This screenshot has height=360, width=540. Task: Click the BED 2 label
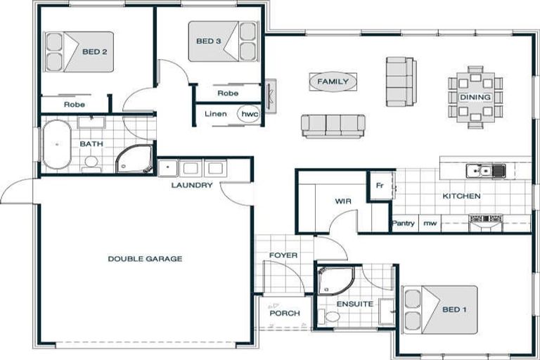[94, 51]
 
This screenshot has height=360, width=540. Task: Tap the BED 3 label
[209, 41]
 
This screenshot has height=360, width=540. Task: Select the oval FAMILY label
[333, 82]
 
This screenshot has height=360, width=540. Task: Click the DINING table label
[475, 97]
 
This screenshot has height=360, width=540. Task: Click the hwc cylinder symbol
[249, 113]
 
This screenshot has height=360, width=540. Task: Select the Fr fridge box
[380, 186]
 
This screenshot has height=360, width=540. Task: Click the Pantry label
[403, 224]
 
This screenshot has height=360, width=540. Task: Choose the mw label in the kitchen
[429, 224]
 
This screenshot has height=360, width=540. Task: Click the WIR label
[342, 201]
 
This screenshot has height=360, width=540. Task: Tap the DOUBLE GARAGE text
[145, 259]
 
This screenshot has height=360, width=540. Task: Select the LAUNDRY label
[191, 186]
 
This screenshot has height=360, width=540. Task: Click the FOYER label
[283, 255]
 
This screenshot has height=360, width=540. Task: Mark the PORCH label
[285, 313]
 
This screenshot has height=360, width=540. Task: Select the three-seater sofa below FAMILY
[333, 125]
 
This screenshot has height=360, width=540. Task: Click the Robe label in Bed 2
[75, 104]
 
